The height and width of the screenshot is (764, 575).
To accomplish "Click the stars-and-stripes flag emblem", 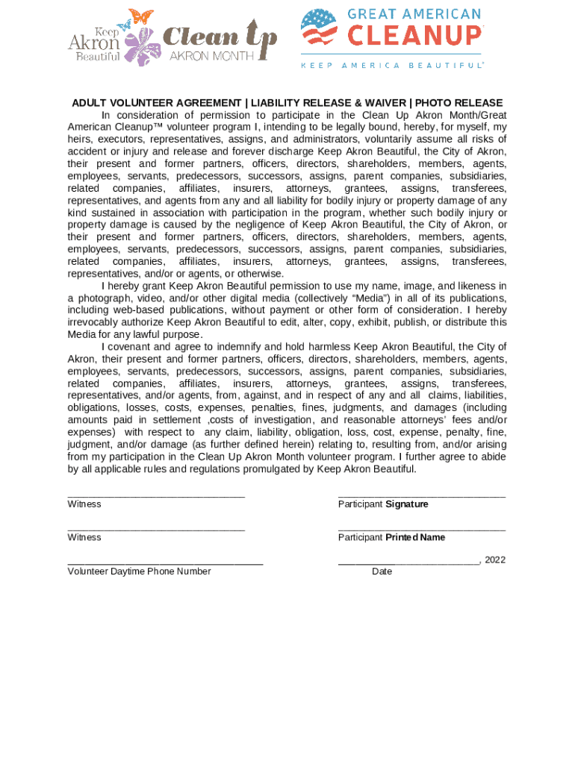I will point(319,27).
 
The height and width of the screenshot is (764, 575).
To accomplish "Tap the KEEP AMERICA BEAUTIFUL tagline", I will point(392,66).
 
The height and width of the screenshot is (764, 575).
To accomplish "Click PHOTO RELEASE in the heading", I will point(459,103).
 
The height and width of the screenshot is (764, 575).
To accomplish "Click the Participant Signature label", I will point(383,504).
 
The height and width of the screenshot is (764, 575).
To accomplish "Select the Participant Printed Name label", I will point(391,538).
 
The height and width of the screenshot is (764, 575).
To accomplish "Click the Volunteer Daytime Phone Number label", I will point(139,572).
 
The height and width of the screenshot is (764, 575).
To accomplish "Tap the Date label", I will point(382,572).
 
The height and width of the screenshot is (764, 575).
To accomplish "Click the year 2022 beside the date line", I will point(494,560).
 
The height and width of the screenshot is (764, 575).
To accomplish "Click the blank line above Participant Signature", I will point(421,495).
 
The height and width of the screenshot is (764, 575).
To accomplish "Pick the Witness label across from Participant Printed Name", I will point(84,538).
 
